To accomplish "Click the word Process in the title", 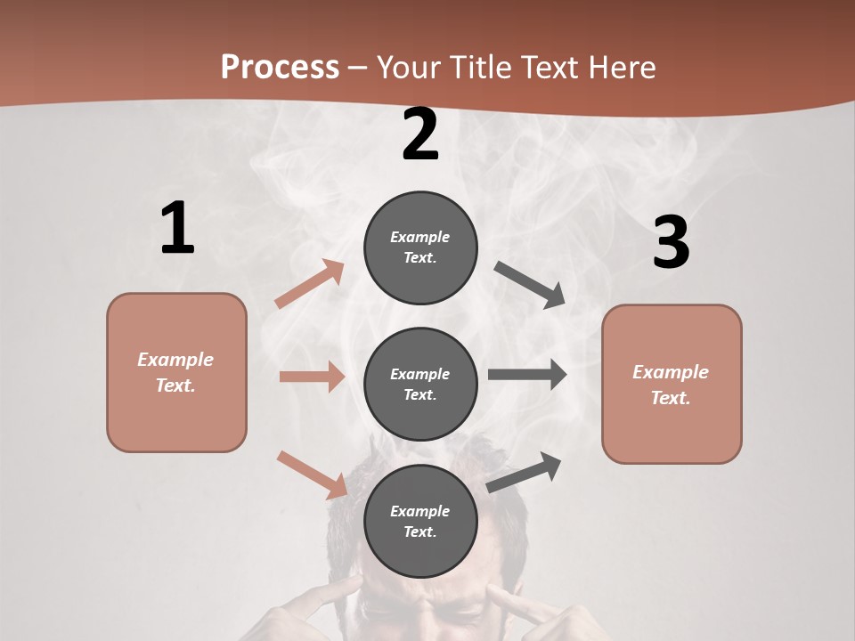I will tap(280, 67).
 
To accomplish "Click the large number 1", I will tap(177, 229).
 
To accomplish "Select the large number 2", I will tap(420, 135).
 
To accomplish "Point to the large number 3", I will tap(671, 243).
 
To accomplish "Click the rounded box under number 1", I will tap(176, 372).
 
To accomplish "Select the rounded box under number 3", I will tap(672, 385).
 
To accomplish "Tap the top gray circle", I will tap(420, 247).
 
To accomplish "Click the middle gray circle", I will tap(420, 385).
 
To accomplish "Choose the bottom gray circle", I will tap(420, 521).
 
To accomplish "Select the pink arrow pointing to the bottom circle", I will tap(313, 474).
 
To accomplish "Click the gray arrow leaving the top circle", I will tap(530, 285).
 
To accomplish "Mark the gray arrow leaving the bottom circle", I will tap(525, 472).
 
